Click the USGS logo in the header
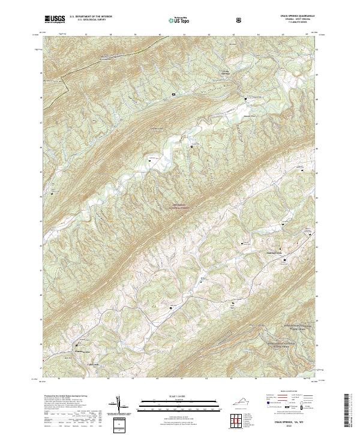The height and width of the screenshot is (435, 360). (54, 19)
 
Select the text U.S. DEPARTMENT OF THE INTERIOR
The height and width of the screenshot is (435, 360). (91, 17)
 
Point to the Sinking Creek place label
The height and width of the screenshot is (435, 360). (257, 253)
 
